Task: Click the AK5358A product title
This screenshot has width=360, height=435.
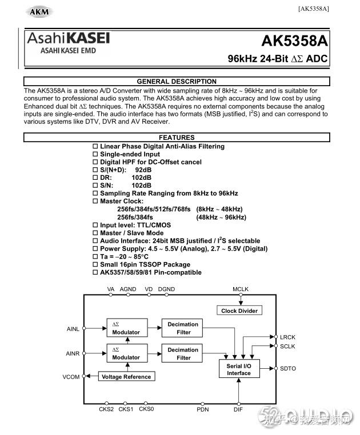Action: [295, 41]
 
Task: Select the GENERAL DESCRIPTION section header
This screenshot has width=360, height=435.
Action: [177, 82]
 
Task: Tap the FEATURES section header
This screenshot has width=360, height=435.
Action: [177, 138]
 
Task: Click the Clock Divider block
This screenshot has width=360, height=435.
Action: [239, 311]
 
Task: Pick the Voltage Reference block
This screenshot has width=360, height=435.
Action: [127, 377]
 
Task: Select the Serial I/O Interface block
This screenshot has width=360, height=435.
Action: [239, 369]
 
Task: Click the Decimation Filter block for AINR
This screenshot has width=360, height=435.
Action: [183, 353]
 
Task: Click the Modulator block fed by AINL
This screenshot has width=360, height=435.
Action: [126, 328]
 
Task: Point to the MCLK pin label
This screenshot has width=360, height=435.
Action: [241, 289]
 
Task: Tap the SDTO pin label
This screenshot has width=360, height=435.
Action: [288, 369]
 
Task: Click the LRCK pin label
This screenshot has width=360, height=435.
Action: [288, 337]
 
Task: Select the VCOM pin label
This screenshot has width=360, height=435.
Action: [71, 377]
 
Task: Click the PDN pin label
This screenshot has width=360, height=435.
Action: [203, 409]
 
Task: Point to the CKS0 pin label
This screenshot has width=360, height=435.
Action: [146, 409]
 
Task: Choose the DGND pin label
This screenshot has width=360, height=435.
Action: [166, 289]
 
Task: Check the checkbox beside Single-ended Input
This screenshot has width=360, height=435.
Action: [95, 154]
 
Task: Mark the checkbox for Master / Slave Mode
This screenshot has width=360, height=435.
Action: [95, 233]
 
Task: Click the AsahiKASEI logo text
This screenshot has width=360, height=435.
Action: [69, 38]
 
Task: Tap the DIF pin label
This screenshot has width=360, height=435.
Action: [238, 409]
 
